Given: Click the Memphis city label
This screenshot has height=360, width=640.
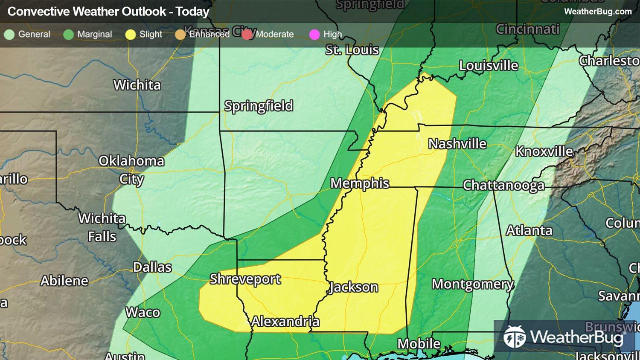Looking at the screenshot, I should click(360, 183).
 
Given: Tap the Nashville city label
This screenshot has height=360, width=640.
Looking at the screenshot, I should click(457, 144).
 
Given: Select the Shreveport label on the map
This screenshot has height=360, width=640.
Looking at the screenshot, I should click(245, 279).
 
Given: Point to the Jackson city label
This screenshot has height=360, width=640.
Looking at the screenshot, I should click(353, 287).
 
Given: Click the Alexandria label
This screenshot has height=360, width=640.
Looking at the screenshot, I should click(285, 322).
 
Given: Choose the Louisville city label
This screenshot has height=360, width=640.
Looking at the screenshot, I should click(489, 66).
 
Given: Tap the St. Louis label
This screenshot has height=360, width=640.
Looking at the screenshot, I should click(352, 50).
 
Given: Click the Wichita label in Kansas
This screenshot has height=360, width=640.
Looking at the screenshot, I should click(137, 85).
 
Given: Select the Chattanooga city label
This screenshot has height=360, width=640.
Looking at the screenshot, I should click(503, 185).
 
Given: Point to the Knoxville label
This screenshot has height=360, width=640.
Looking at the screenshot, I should click(544, 151).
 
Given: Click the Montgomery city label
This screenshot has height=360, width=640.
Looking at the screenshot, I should click(473, 284).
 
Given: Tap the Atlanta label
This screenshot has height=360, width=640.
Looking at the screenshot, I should click(529, 231).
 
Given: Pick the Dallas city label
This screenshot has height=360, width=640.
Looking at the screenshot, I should click(152, 267).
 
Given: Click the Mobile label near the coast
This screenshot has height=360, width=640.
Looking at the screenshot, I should click(419, 344).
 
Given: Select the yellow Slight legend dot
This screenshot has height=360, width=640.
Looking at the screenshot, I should click(131, 35).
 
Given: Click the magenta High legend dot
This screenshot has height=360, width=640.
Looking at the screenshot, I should click(314, 35).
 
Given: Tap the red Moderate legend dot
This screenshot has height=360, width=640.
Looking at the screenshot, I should click(247, 35).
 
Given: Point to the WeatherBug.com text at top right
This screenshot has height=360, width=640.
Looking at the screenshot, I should click(598, 12).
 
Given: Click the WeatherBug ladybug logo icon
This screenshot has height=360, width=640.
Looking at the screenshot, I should click(514, 337).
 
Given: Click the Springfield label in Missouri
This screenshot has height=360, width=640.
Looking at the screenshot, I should click(259, 106).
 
